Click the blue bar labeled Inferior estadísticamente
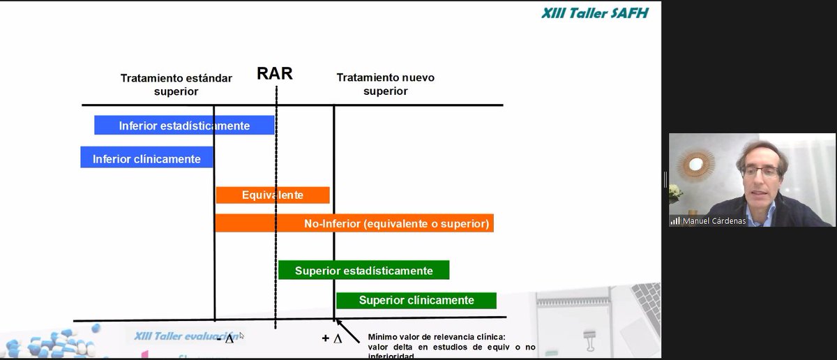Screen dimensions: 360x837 184,126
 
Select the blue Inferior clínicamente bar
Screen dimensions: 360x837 146,158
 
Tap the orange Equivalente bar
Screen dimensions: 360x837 272,195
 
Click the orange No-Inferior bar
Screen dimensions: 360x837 354,223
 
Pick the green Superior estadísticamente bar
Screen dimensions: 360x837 363,270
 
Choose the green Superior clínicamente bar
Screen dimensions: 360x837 416,300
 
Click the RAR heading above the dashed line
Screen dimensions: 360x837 275,74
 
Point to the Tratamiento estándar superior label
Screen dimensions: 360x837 176,84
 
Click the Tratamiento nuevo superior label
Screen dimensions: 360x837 385,84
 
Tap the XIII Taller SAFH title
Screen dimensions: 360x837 594,13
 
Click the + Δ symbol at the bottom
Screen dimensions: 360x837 331,338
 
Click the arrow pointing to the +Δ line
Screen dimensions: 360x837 349,331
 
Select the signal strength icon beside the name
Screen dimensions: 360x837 675,220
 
